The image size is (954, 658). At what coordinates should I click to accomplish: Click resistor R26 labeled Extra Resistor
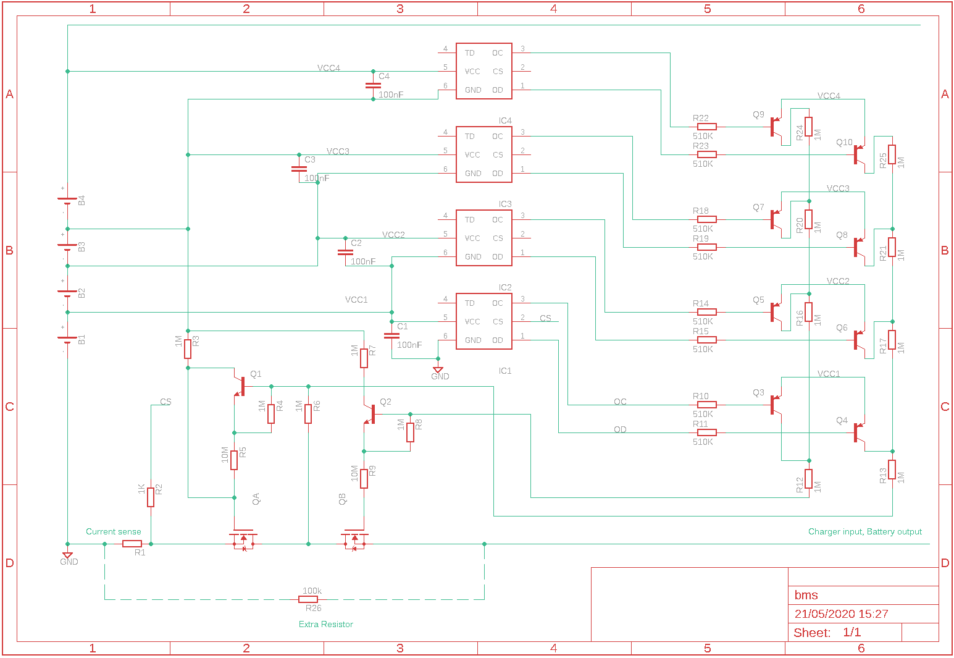tap(308, 599)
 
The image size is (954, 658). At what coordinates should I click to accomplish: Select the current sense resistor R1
tap(132, 544)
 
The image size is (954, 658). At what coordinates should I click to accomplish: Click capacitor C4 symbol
tap(373, 85)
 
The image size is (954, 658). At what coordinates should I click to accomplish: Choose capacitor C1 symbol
tap(391, 335)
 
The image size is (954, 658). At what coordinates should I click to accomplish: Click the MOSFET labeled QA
tap(243, 539)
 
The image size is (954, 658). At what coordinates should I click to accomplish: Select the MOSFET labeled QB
tap(355, 539)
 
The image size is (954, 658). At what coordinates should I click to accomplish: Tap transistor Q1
tap(240, 386)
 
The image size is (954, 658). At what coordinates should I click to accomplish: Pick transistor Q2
tap(370, 414)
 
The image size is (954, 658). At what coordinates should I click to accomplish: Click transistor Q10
tap(859, 154)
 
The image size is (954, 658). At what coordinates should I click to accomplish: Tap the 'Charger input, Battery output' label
tap(864, 532)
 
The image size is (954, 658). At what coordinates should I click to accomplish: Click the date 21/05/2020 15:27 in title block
tap(841, 614)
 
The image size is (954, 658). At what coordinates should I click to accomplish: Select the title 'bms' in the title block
tap(806, 595)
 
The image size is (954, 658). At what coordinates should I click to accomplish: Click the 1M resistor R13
tap(892, 470)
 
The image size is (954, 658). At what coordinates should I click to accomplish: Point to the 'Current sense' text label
tap(114, 532)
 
